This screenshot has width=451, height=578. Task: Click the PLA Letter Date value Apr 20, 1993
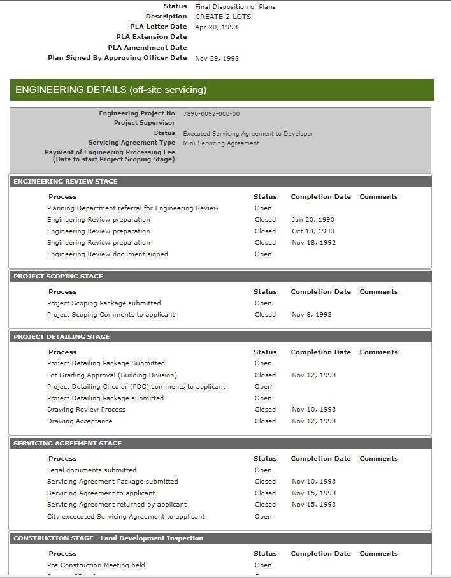(216, 27)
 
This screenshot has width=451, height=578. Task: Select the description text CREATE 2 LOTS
(223, 17)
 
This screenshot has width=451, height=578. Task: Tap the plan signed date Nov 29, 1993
(217, 59)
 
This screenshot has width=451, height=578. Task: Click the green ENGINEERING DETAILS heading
(111, 90)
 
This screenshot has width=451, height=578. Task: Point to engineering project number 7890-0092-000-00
(211, 114)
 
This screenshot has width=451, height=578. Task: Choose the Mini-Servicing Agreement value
(221, 143)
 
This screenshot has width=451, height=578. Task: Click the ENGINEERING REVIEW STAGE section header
(66, 182)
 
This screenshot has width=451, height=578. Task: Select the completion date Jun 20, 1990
(313, 220)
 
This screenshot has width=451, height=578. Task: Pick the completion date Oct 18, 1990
(313, 231)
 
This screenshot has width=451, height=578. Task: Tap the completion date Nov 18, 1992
(313, 243)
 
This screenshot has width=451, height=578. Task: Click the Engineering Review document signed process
(108, 254)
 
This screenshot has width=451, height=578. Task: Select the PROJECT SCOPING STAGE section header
(58, 277)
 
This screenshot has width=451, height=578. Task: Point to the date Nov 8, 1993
(311, 315)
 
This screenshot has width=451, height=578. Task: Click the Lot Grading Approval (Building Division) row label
(112, 375)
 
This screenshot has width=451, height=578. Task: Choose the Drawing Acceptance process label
(80, 421)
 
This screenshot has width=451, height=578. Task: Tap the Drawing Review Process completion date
(313, 410)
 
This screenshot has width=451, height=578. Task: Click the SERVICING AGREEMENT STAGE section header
(68, 444)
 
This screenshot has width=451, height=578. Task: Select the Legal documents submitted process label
(92, 470)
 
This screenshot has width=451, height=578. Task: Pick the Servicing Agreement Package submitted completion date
(313, 482)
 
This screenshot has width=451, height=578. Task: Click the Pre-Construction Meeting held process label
(96, 565)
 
